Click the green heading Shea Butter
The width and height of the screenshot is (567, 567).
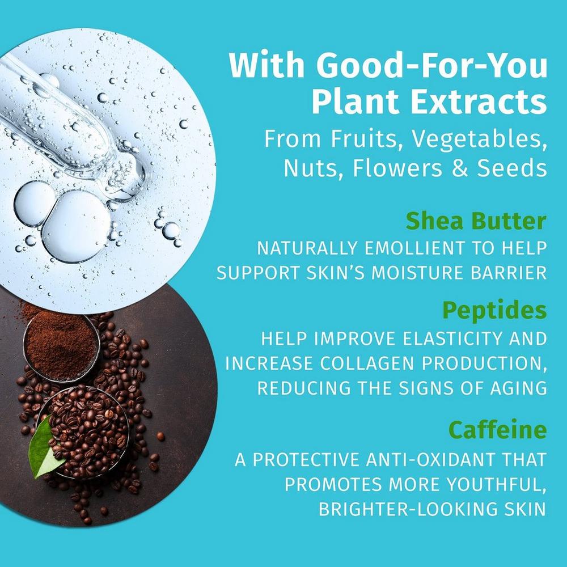(x=476, y=221)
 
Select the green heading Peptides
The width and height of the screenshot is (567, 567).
(x=494, y=310)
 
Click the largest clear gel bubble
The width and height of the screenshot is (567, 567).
(x=75, y=226)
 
